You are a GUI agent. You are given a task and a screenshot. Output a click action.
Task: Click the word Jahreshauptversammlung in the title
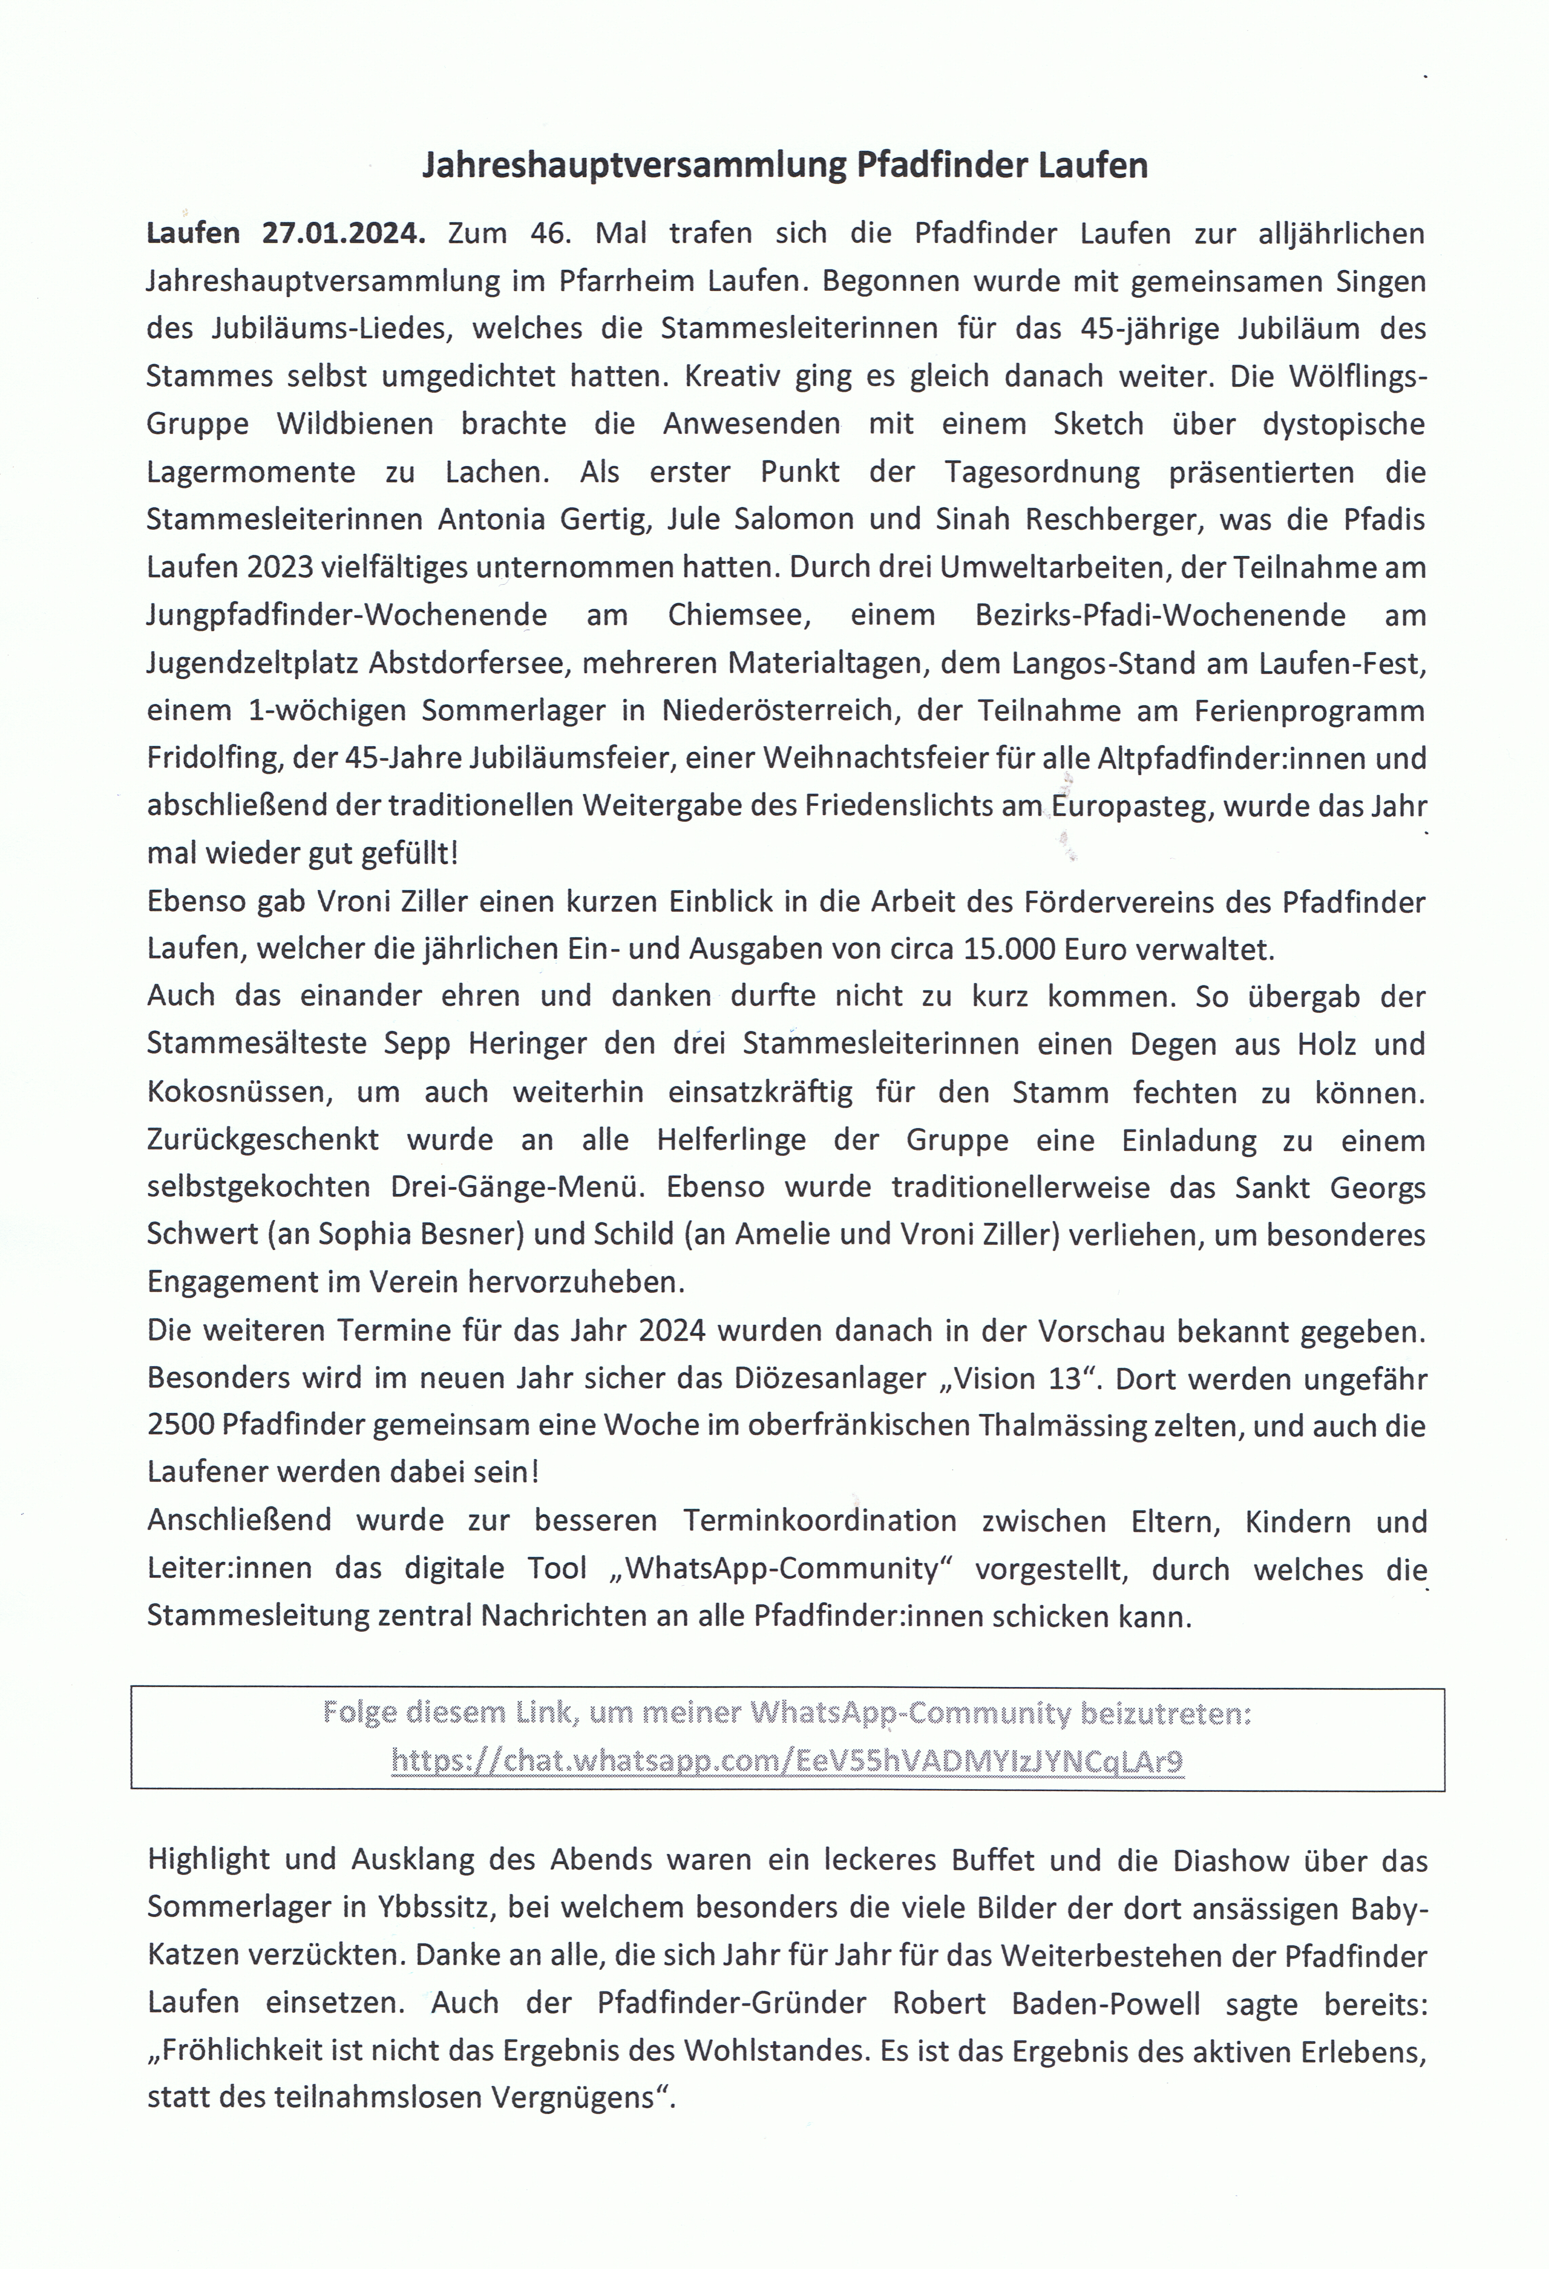(x=634, y=166)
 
